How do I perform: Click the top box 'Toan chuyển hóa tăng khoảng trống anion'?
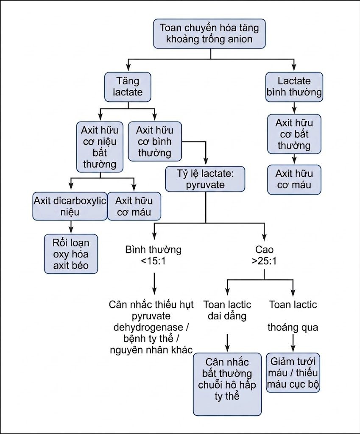pyautogui.click(x=209, y=34)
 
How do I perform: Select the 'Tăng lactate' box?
pyautogui.click(x=128, y=87)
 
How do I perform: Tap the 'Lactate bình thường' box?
pyautogui.click(x=294, y=87)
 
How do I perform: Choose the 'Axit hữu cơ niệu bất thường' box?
pyautogui.click(x=100, y=147)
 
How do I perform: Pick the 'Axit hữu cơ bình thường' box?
pyautogui.click(x=155, y=141)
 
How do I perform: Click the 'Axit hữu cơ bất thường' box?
pyautogui.click(x=294, y=134)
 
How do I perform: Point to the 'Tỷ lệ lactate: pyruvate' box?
pyautogui.click(x=205, y=179)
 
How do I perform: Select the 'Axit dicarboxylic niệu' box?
pyautogui.click(x=70, y=206)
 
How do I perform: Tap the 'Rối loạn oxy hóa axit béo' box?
pyautogui.click(x=71, y=254)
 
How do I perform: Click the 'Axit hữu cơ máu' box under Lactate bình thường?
pyautogui.click(x=294, y=180)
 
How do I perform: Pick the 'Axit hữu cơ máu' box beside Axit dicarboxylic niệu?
pyautogui.click(x=134, y=206)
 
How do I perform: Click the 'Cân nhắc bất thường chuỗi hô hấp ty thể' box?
pyautogui.click(x=227, y=384)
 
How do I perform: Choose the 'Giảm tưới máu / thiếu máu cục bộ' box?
pyautogui.click(x=293, y=373)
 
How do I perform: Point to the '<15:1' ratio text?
pyautogui.click(x=153, y=261)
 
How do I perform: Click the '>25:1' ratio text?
pyautogui.click(x=264, y=261)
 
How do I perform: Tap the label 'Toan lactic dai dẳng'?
pyautogui.click(x=227, y=310)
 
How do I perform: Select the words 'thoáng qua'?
pyautogui.click(x=293, y=328)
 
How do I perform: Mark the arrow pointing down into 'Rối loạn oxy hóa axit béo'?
pyautogui.click(x=71, y=227)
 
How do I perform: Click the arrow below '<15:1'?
pyautogui.click(x=154, y=284)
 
